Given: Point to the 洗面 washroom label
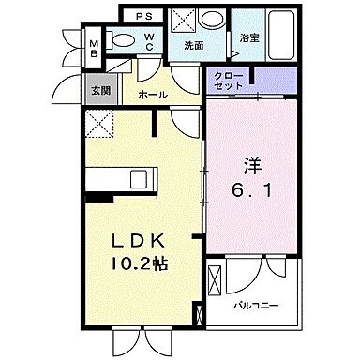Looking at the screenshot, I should point(193,44).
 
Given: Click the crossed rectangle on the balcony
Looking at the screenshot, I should point(215,290).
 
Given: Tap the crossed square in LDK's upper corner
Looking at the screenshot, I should point(98,121).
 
